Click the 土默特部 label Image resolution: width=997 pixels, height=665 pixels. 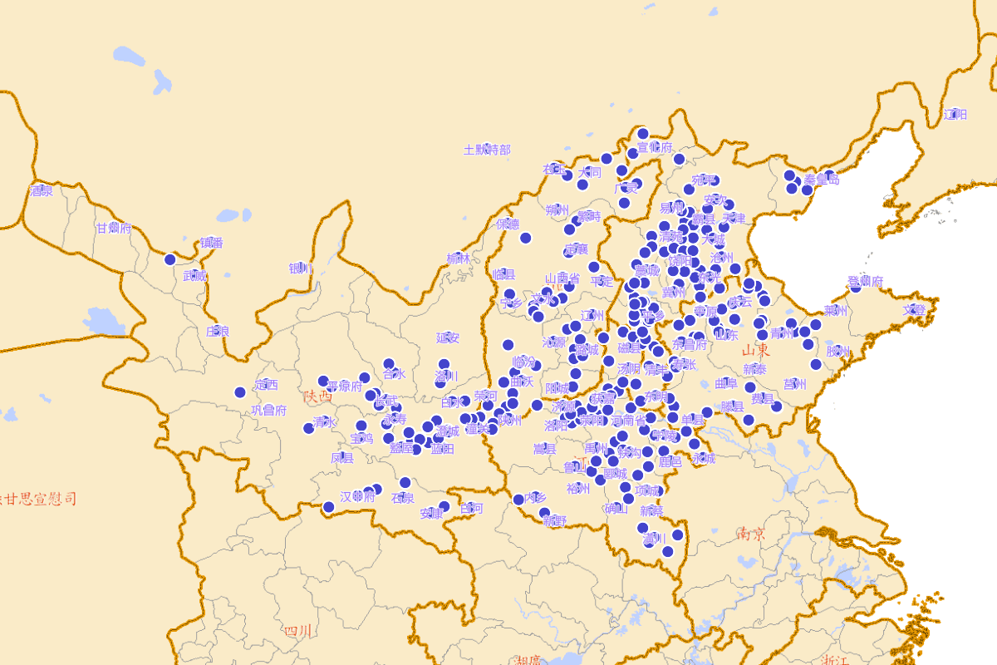pos(487,150)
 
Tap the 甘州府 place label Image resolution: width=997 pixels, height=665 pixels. pos(114,228)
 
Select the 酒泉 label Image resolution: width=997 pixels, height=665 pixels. pos(41,190)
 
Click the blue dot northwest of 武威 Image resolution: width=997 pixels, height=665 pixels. pos(170,259)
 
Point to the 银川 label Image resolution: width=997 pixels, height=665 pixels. pos(300,268)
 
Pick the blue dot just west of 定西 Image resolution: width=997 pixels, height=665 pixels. pos(240,392)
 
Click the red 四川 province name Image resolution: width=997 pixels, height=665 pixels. pos(297,631)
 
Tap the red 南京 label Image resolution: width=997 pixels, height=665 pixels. pos(750,534)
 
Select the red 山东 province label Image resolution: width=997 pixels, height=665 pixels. pos(756,349)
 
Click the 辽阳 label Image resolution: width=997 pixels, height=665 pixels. pos(955,114)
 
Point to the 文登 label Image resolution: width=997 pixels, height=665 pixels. pos(913,309)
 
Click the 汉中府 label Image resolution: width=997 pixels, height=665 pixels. pos(357,496)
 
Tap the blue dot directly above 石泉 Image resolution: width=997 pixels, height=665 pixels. pos(405,482)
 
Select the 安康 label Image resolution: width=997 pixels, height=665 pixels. pos(431,513)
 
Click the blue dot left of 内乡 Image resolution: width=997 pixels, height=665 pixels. pos(518,500)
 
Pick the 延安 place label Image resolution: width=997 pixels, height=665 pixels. pos(448,337)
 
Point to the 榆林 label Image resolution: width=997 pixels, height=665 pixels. pos(458,259)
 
